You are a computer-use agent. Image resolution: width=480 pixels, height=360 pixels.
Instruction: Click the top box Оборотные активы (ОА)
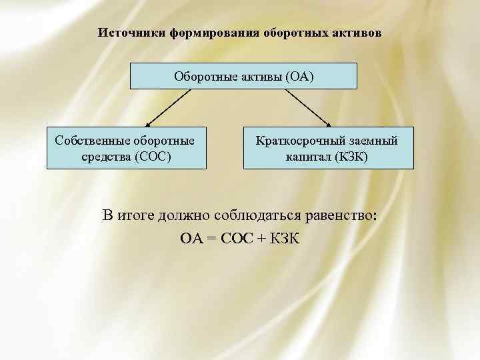243,76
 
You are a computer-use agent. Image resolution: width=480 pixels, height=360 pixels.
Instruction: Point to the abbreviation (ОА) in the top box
299,76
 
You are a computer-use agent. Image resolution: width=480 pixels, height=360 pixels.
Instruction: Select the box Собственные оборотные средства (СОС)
125,148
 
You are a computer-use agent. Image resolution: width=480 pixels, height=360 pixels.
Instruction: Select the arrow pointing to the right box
310,107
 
